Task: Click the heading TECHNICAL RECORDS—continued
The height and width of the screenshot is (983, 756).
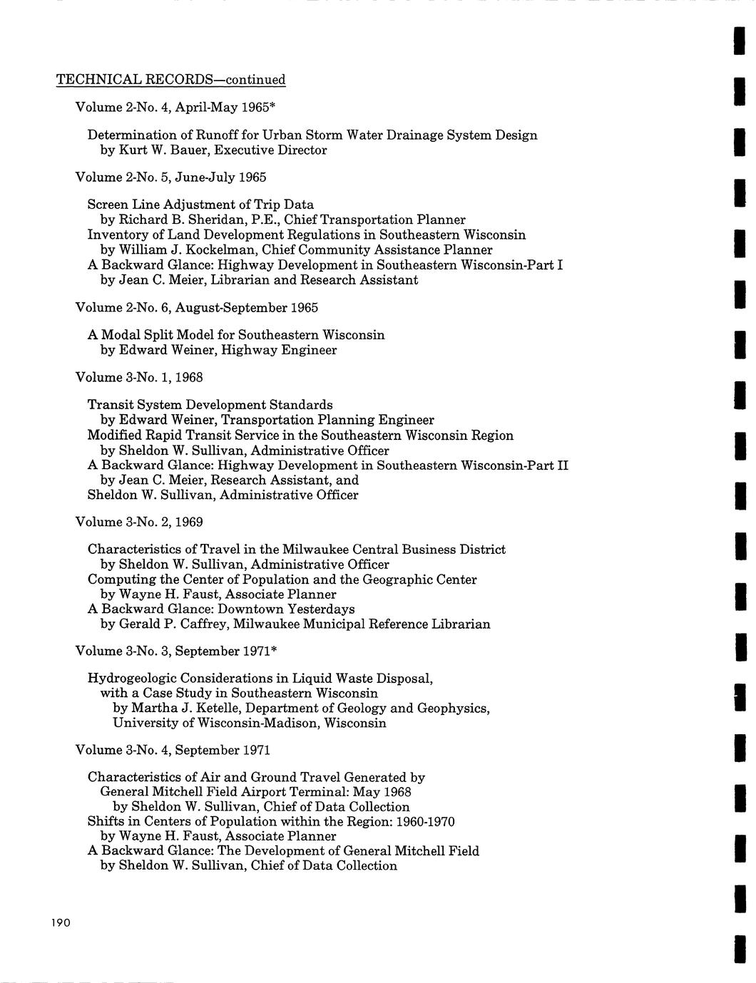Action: [x=170, y=80]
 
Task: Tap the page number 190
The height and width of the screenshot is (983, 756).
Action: [x=61, y=923]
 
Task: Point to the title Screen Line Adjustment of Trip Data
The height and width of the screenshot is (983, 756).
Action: [x=200, y=205]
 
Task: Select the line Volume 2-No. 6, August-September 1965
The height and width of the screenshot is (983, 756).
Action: [x=196, y=308]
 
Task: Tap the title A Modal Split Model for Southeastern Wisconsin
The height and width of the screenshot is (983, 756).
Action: [x=236, y=335]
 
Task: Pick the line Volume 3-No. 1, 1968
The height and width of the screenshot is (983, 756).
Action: [x=139, y=377]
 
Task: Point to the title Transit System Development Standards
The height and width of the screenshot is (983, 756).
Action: [x=210, y=405]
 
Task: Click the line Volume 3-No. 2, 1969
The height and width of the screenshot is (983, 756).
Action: [x=139, y=523]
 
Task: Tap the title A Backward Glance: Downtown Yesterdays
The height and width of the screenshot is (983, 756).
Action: [x=221, y=609]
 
